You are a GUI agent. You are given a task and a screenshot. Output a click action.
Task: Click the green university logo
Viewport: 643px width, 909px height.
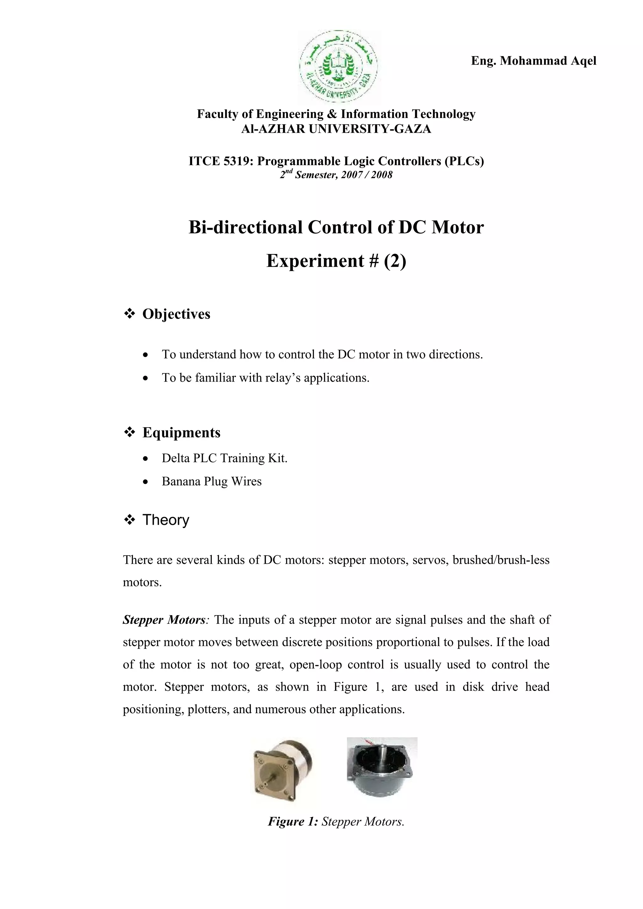click(x=338, y=66)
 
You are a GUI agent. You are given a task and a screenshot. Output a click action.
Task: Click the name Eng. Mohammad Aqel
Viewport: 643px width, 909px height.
click(x=533, y=61)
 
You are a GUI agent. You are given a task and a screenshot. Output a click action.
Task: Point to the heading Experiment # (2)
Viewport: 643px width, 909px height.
click(x=336, y=261)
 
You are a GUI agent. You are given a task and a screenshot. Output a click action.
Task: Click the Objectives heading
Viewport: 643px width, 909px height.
click(x=176, y=314)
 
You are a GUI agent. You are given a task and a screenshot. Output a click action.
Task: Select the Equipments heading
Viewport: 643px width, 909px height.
click(x=181, y=432)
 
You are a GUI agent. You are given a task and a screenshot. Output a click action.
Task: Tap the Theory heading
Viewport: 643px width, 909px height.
click(x=166, y=520)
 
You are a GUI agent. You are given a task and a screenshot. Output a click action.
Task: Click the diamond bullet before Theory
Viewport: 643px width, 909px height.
click(x=129, y=520)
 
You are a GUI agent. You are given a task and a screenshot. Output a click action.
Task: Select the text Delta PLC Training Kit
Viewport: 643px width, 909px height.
click(x=224, y=458)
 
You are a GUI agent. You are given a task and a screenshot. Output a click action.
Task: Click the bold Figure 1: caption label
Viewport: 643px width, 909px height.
click(x=293, y=821)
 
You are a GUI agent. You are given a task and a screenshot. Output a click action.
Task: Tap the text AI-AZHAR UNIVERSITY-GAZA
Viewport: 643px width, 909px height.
click(x=336, y=129)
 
